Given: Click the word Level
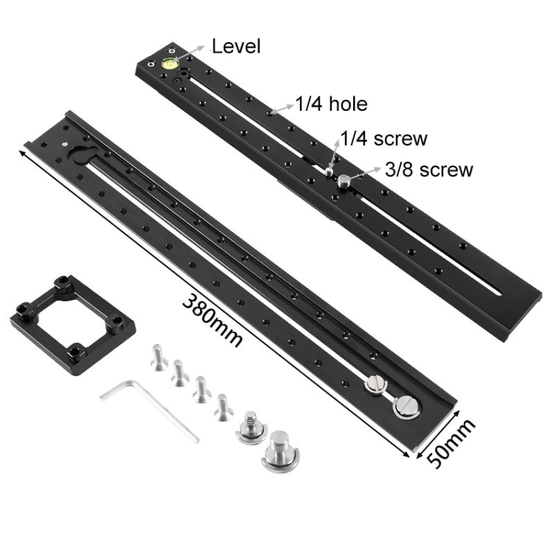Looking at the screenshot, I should point(236,47).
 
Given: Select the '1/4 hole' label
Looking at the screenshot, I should point(332,105).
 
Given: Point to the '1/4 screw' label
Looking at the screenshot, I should point(383,138).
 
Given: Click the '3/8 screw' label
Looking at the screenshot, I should point(428,169).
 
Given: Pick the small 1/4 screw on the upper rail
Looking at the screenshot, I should point(327,171).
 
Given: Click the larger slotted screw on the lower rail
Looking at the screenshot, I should point(406,406).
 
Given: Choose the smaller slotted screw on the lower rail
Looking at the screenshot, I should point(375,385).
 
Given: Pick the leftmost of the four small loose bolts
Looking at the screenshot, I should point(157,358).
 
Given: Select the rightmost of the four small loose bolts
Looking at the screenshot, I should point(223,406).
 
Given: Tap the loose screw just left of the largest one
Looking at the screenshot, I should point(250,428).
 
